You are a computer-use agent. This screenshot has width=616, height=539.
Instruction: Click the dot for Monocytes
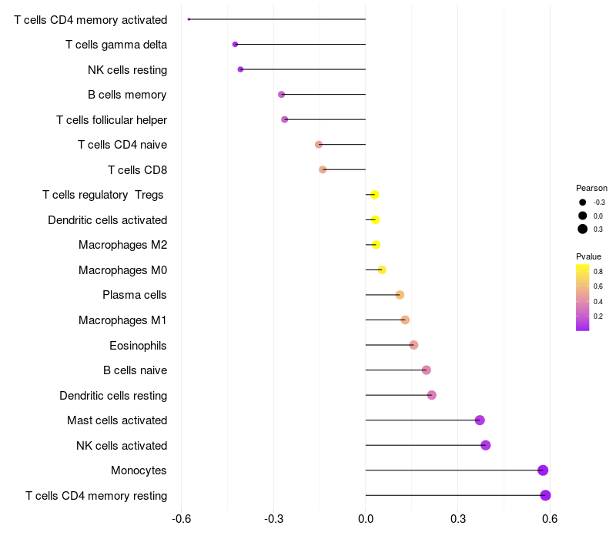point(543,470)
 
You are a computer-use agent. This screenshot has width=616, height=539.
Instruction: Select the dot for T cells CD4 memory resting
point(545,495)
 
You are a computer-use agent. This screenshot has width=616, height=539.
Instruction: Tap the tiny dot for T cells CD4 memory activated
point(189,19)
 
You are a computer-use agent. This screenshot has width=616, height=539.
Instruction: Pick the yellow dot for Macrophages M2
point(376,245)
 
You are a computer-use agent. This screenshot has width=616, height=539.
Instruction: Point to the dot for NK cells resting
point(240,69)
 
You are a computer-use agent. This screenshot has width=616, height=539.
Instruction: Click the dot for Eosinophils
point(413,345)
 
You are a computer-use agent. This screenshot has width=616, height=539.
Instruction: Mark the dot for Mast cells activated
point(480,420)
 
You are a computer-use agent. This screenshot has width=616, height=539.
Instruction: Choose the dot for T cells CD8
point(323,169)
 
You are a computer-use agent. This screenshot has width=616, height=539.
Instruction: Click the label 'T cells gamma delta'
point(116,45)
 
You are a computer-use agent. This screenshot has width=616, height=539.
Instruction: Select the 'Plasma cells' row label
point(134,295)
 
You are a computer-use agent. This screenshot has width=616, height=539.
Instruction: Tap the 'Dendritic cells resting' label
point(113,396)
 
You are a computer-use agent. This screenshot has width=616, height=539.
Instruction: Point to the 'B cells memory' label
point(127,95)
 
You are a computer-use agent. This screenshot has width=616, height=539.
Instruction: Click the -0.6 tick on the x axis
point(181,519)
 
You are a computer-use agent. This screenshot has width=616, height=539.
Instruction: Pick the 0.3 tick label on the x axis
point(458,519)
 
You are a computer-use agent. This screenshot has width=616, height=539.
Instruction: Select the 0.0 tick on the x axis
point(366,519)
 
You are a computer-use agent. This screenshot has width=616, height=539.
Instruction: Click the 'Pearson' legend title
point(591,188)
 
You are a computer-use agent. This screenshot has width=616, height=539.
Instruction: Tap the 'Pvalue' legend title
point(588,256)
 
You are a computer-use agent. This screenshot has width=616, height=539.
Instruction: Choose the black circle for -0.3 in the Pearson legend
point(583,203)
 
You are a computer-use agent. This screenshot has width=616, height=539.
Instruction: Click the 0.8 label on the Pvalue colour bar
point(598,272)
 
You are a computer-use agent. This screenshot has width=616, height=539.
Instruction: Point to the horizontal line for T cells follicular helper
point(325,119)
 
